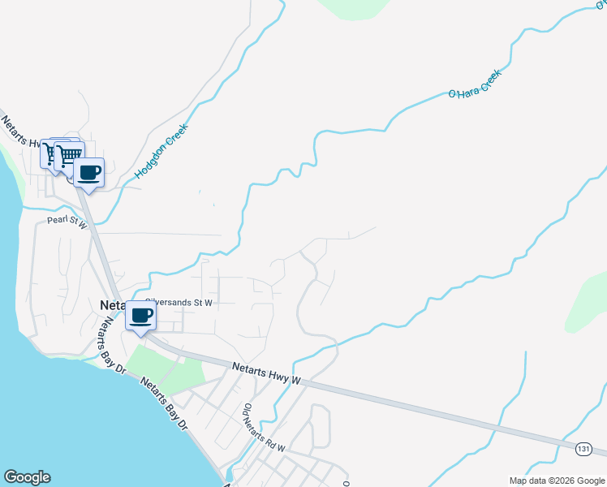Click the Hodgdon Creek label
[x=161, y=151]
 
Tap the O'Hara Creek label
[x=476, y=84]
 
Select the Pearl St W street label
[x=67, y=221]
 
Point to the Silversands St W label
[x=180, y=302]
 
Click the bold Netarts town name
[x=111, y=305]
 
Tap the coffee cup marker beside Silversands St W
[x=141, y=316]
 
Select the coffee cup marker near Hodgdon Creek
[x=89, y=173]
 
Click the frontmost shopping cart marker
[x=70, y=154]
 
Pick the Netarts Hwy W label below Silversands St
[x=266, y=373]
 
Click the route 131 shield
[x=584, y=448]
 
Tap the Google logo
[x=27, y=477]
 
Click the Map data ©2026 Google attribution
[x=556, y=481]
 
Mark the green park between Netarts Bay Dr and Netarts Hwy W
[x=166, y=366]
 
